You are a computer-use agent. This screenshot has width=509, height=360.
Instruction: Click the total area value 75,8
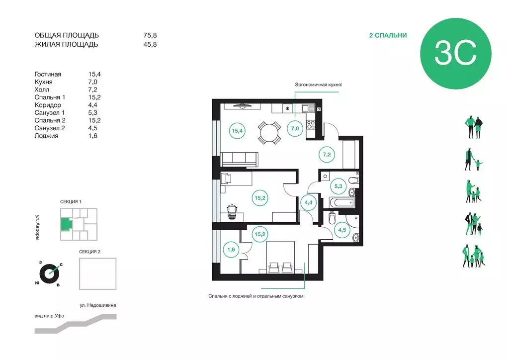tap(150, 35)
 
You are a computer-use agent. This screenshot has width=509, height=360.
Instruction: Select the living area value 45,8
tap(150, 44)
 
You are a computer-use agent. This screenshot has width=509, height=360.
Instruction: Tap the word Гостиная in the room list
tap(48, 75)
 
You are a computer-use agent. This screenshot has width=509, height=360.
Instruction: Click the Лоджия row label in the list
tap(46, 136)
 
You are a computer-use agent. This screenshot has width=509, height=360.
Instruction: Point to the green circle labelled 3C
tap(455, 54)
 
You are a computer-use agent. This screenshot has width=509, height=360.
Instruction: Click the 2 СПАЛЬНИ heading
tap(388, 35)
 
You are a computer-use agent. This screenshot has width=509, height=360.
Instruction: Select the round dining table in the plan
tap(269, 133)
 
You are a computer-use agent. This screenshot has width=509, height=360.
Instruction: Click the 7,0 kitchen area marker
tap(295, 129)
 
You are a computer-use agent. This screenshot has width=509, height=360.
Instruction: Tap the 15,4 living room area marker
tap(237, 131)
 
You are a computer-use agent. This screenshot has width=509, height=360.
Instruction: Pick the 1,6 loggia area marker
tap(231, 250)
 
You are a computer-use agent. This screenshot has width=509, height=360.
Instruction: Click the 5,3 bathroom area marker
tap(338, 186)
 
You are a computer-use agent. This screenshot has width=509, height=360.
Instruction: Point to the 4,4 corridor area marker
tap(308, 203)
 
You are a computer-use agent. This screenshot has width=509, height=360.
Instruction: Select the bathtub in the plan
tap(341, 203)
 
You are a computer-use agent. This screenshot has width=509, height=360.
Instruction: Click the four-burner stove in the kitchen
tap(311, 125)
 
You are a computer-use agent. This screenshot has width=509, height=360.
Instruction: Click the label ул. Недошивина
tap(98, 305)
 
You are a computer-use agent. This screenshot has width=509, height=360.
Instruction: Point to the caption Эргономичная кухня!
tap(318, 85)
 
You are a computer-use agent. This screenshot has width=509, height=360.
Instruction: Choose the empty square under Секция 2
tap(98, 273)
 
